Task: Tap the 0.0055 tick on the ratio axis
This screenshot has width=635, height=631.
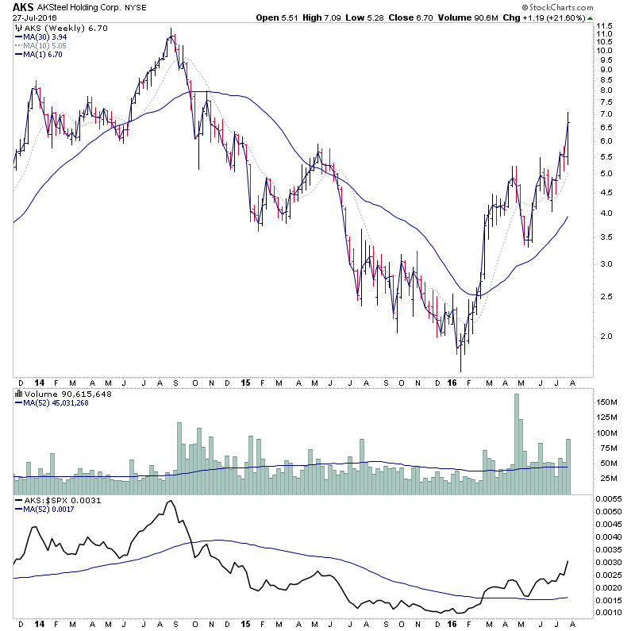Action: pos(611,498)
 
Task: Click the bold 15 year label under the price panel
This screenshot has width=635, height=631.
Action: pos(246,382)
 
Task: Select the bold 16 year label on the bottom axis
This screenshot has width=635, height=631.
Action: pos(452,382)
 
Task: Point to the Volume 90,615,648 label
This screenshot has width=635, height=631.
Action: pos(58,393)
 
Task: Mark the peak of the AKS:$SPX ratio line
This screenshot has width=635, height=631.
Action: pos(168,501)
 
